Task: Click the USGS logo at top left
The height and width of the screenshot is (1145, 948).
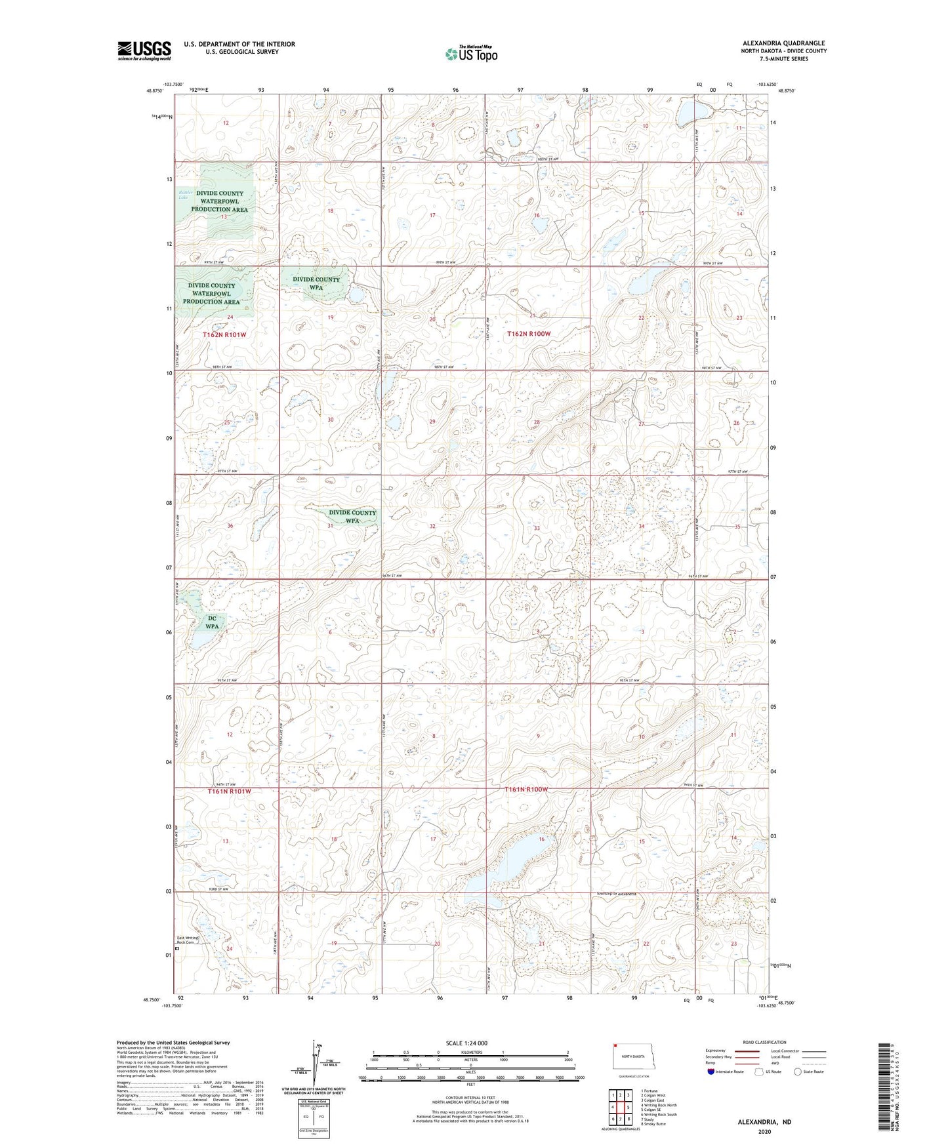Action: (x=144, y=50)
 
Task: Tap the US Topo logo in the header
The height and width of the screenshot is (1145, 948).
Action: (x=471, y=54)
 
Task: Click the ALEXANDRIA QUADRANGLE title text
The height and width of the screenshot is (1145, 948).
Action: (x=783, y=43)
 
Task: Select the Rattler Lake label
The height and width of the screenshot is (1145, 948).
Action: (x=186, y=195)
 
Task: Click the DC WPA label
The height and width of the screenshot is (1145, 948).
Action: (x=212, y=622)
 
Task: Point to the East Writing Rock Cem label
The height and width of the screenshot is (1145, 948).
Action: (x=187, y=940)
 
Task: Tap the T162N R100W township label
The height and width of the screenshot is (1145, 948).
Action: (x=529, y=334)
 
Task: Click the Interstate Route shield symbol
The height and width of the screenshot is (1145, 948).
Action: (x=711, y=1072)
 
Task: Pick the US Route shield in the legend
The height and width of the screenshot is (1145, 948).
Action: (x=760, y=1072)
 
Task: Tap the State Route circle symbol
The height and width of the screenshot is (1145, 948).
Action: (x=798, y=1072)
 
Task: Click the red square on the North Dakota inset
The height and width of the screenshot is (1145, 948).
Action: (x=615, y=1046)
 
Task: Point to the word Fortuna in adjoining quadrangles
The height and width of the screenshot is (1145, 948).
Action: (x=651, y=1091)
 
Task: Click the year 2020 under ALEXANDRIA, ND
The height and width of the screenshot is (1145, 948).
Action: (x=764, y=1131)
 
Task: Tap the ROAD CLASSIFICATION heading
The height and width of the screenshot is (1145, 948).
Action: (x=764, y=1042)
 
